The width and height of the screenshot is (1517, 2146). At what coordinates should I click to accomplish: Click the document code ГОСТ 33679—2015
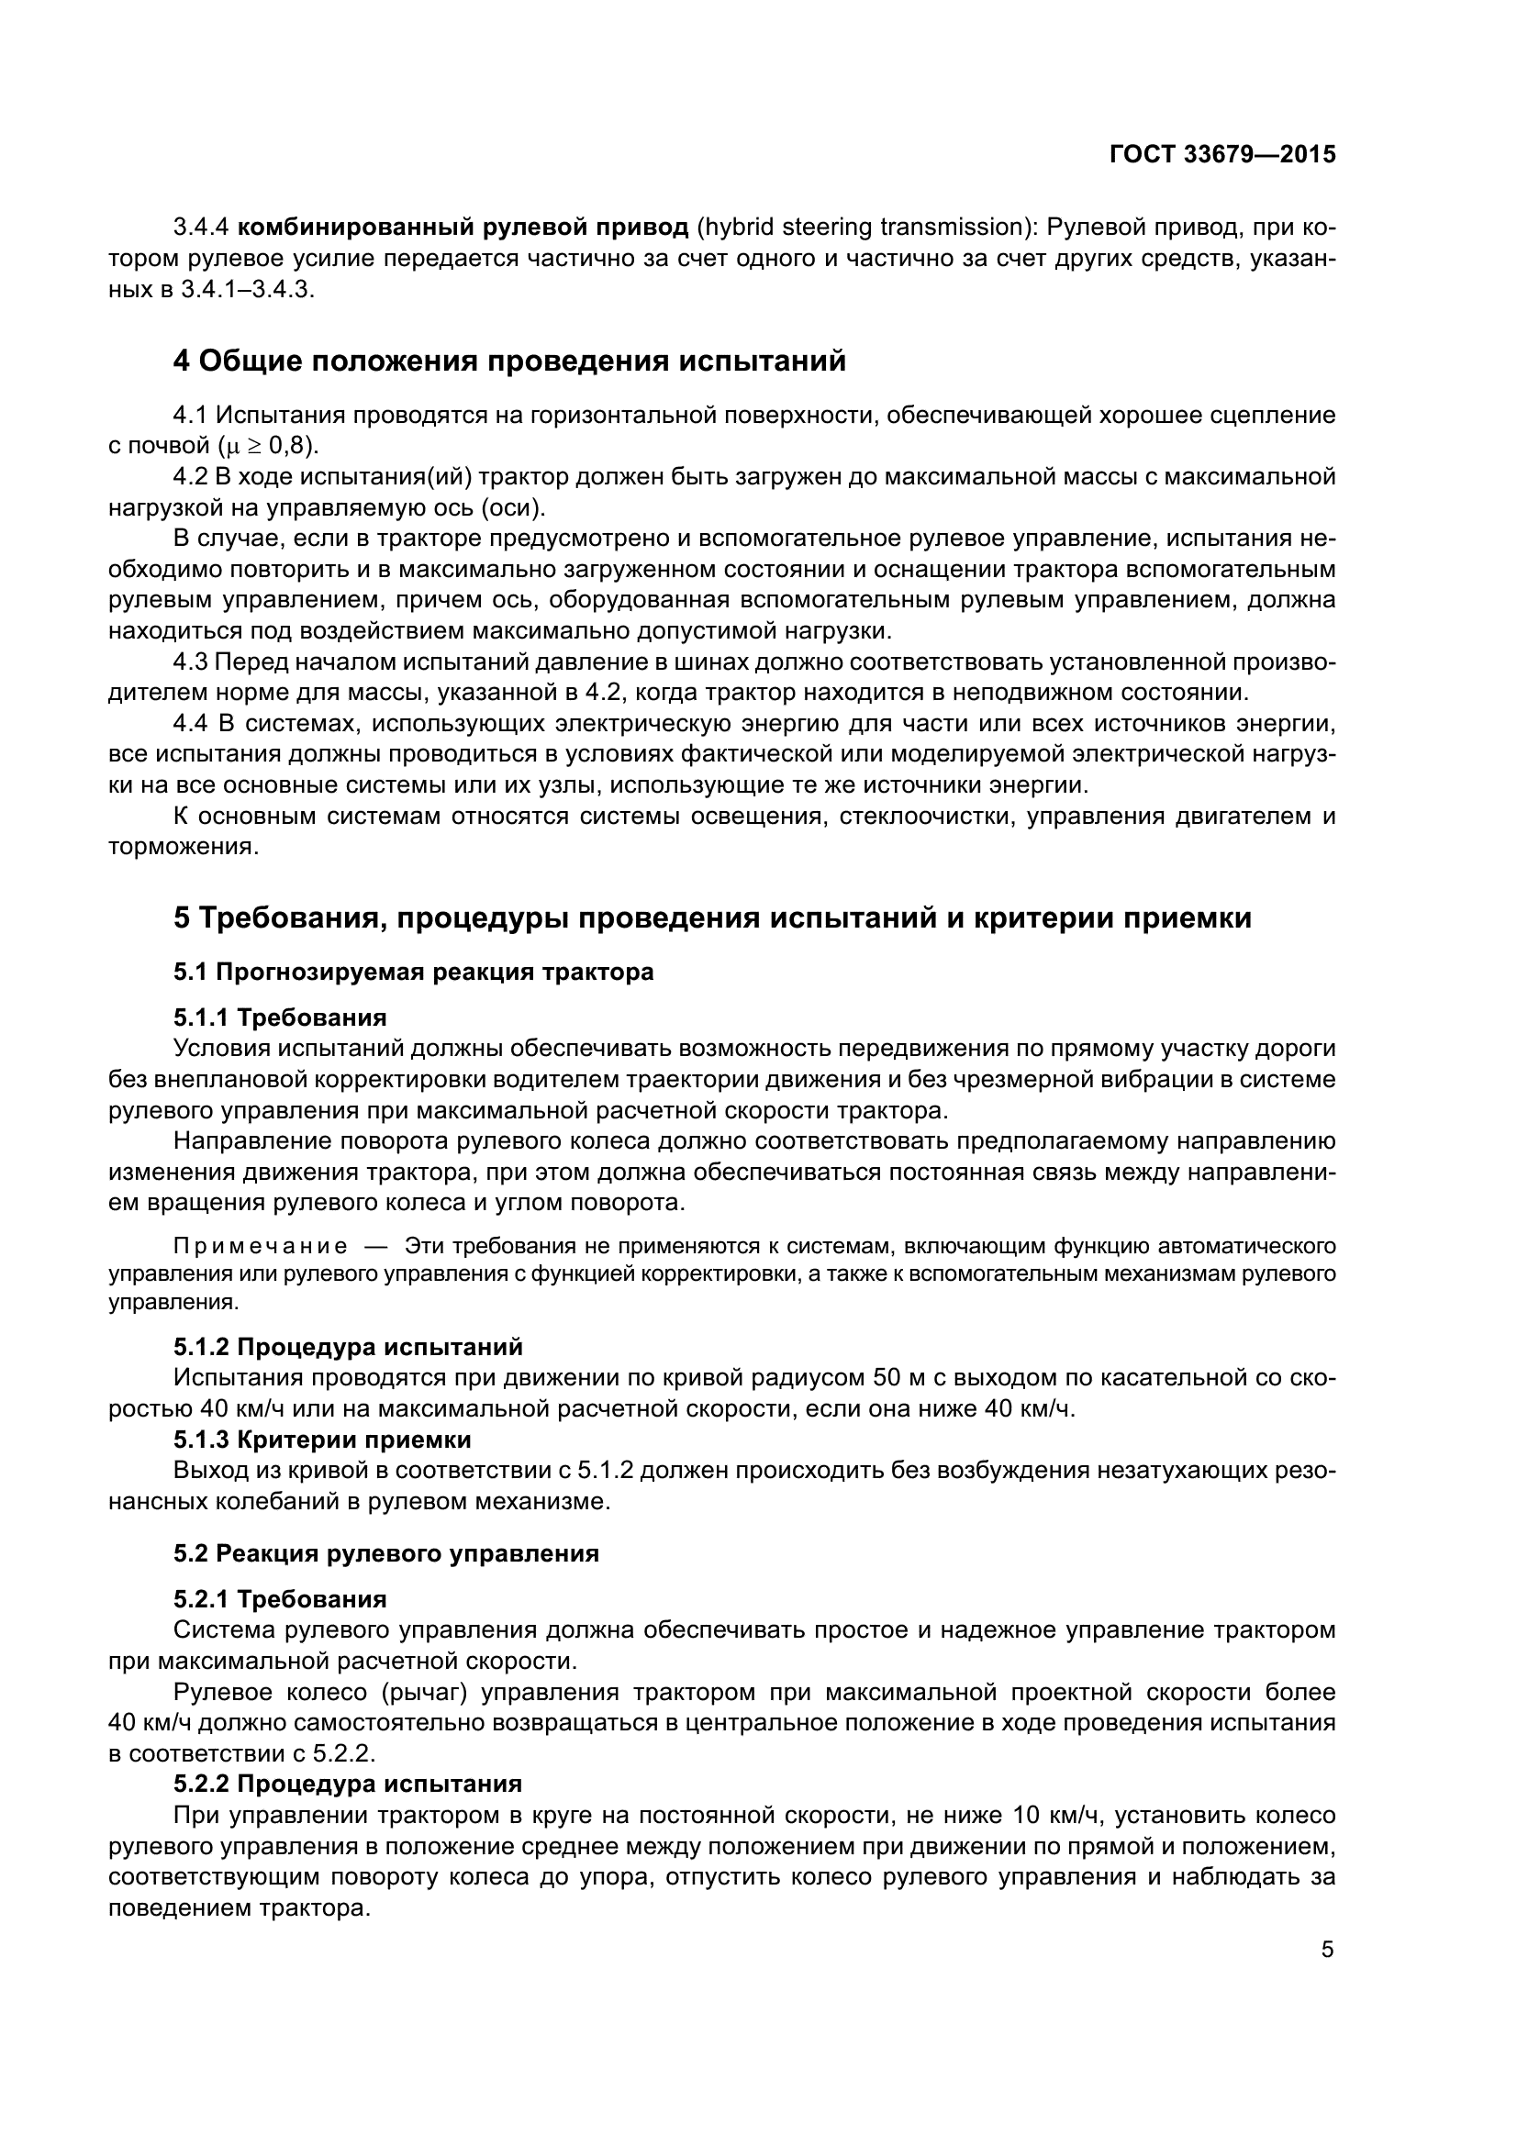[x=1221, y=154]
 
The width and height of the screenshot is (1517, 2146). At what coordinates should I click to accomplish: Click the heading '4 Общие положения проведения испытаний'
[x=509, y=361]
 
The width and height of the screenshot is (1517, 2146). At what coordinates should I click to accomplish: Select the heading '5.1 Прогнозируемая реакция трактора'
[x=413, y=972]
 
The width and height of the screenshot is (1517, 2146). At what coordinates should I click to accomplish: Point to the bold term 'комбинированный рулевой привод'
[x=463, y=228]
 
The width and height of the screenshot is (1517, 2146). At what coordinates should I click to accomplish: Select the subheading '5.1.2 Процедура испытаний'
[x=348, y=1347]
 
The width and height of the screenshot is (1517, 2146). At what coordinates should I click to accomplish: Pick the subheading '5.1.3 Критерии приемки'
[x=321, y=1440]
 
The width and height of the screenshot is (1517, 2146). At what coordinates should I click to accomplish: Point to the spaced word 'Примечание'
[x=261, y=1246]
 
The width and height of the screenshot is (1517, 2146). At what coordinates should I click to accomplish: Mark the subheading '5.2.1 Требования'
[x=280, y=1599]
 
